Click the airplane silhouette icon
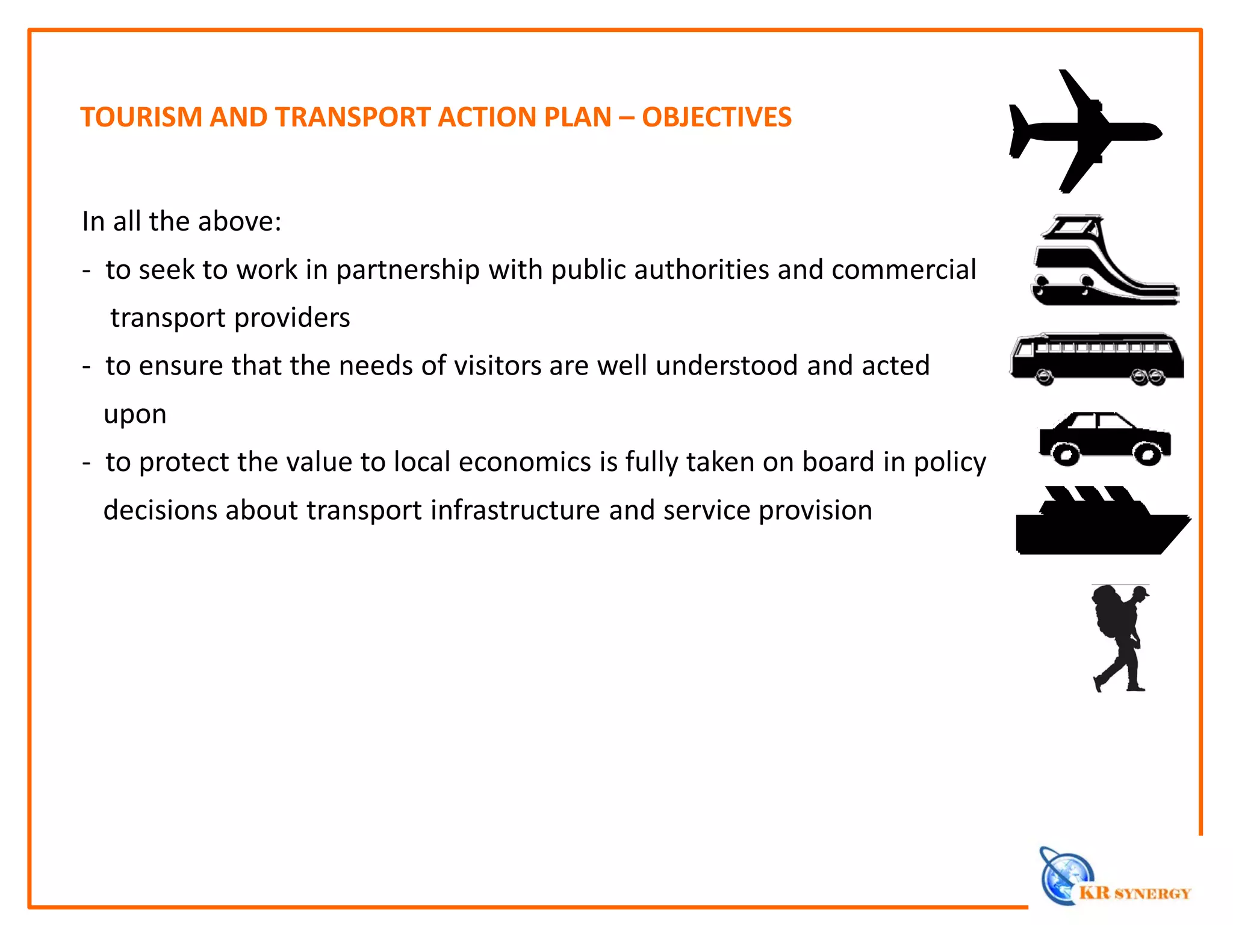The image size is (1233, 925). click(1084, 131)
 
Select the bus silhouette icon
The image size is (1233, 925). click(1096, 359)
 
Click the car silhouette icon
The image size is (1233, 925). click(1105, 438)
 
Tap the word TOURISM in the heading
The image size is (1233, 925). click(141, 117)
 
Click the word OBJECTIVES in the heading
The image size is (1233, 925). click(716, 117)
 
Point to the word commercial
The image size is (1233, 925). click(903, 269)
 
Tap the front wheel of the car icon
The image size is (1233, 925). click(1148, 455)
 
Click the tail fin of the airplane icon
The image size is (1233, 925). click(1019, 129)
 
